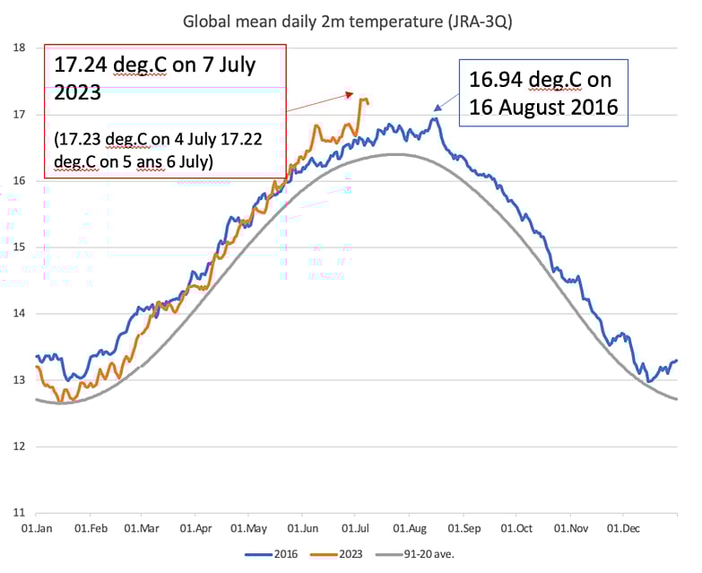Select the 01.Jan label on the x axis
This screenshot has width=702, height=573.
pos(39,529)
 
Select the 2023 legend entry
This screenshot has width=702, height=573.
pos(343,554)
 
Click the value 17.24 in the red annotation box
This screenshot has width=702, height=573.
pos(83,65)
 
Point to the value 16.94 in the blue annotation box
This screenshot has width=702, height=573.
pos(497,81)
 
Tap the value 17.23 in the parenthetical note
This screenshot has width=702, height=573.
pos(82,139)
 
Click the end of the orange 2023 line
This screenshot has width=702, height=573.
pos(368,104)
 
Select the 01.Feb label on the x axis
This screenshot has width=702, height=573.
pos(91,529)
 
